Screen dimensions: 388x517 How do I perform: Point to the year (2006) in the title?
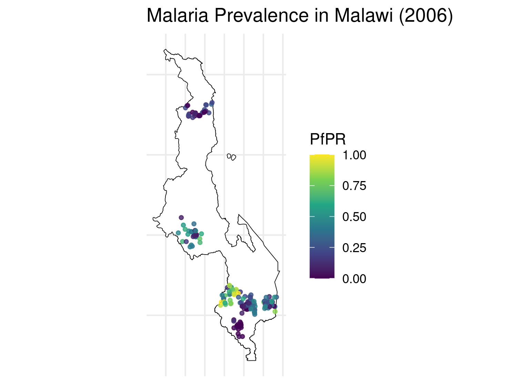pos(426,16)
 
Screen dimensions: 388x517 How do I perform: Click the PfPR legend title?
pos(327,139)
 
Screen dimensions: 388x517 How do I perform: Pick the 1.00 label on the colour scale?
pos(354,155)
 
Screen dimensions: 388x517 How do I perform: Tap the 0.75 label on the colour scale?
pos(354,186)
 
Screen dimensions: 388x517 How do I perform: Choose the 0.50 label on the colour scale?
pos(354,217)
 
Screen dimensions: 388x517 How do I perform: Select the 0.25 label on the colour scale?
pos(354,248)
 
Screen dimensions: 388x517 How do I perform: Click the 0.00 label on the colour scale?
pos(354,279)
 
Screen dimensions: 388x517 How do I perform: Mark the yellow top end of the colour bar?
pos(322,157)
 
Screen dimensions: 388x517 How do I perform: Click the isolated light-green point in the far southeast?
pos(275,311)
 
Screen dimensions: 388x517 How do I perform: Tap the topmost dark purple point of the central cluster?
pos(181,217)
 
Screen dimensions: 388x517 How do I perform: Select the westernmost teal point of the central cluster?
pos(178,233)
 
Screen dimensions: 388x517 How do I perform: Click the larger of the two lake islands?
pos(234,157)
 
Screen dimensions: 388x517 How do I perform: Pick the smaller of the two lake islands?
pos(229,156)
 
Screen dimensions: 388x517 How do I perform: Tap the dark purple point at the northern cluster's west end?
pos(187,105)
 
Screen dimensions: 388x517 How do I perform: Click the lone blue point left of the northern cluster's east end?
pos(206,105)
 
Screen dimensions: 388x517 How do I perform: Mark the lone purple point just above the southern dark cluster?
pos(234,320)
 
